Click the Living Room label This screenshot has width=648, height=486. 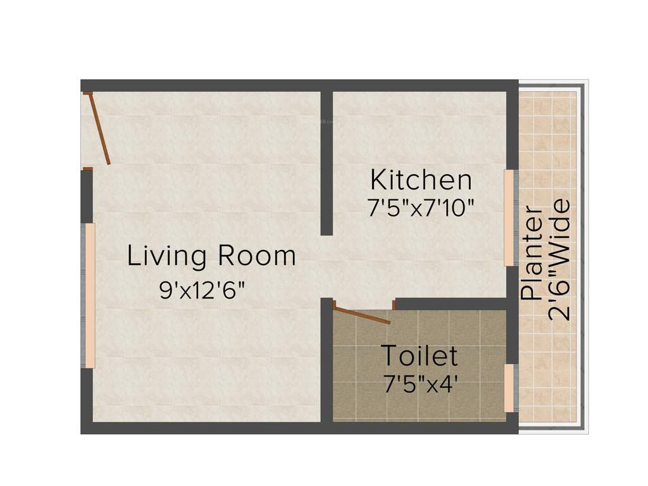[x=211, y=257]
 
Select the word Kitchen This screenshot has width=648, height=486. [x=421, y=180]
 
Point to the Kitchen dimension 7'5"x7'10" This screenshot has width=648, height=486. [x=421, y=208]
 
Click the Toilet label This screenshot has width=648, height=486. [x=419, y=356]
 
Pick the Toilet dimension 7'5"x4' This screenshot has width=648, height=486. [x=420, y=384]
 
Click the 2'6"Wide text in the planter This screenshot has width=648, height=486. [x=559, y=260]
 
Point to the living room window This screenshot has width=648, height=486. [x=90, y=296]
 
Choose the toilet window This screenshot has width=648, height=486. [x=509, y=387]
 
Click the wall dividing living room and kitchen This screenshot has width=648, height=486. [x=327, y=163]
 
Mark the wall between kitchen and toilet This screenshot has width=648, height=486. [x=451, y=304]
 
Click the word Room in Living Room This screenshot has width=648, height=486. [x=257, y=256]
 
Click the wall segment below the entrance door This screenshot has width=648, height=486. [x=87, y=196]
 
